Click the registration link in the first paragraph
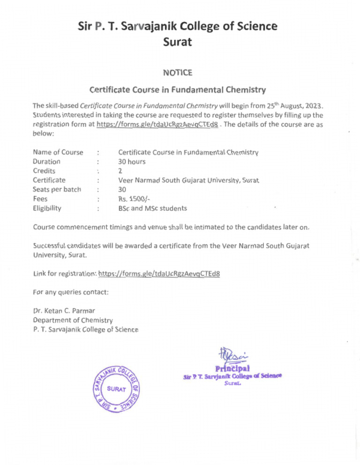tap(157, 124)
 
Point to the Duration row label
tap(46, 162)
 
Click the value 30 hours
tap(132, 162)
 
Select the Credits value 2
tap(120, 171)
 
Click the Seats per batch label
tap(57, 189)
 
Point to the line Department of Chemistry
tap(73, 320)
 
